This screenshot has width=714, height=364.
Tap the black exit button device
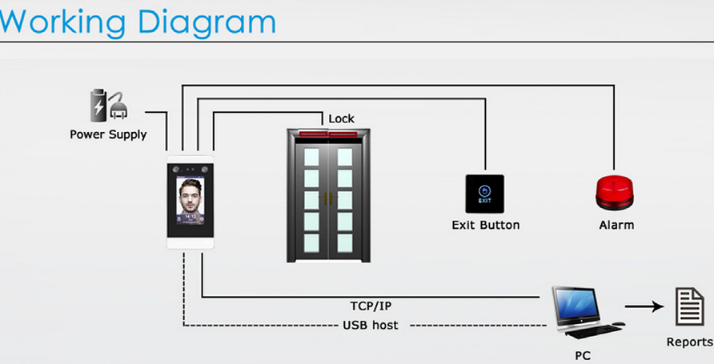click(485, 193)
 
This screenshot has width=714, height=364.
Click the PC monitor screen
click(576, 303)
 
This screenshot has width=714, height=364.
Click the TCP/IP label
click(371, 306)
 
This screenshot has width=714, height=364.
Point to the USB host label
click(370, 325)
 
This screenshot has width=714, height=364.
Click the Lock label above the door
click(341, 118)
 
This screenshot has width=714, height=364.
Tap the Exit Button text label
click(485, 225)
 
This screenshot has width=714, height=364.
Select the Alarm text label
click(616, 225)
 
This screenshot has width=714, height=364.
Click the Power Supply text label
click(108, 134)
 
